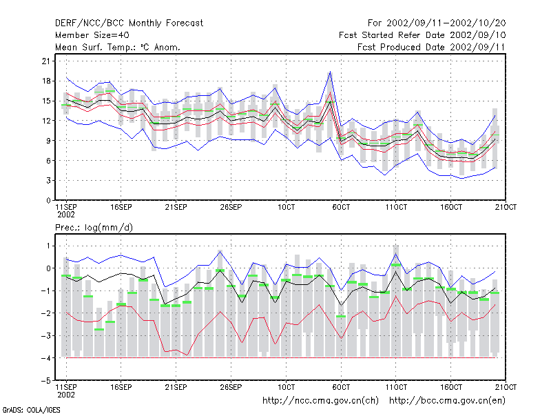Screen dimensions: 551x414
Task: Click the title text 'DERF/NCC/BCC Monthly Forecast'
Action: [x=129, y=23]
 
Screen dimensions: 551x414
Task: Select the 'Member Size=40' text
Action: [x=92, y=35]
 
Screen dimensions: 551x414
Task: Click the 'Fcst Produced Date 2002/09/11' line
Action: [x=431, y=47]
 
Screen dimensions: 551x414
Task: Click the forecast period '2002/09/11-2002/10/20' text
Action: [x=446, y=23]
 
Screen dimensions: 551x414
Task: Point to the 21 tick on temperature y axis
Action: [x=46, y=61]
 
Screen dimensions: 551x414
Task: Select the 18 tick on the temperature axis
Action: [x=46, y=81]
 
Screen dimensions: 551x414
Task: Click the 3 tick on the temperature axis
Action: [x=48, y=181]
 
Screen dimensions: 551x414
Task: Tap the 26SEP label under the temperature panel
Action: [x=231, y=207]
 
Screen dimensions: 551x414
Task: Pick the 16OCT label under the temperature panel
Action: [x=451, y=207]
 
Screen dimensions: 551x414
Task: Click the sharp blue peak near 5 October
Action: [x=330, y=72]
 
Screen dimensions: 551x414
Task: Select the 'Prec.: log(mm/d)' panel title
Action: [x=94, y=228]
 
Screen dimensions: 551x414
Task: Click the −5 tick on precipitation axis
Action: [x=45, y=381]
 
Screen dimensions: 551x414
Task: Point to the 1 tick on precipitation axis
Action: [x=48, y=246]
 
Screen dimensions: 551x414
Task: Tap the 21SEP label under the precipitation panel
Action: [x=176, y=387]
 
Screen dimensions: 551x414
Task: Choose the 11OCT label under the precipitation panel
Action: [x=396, y=387]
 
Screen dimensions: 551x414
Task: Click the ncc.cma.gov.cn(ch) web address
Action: [x=320, y=401]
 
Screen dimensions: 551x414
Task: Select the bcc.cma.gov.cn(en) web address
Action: [x=447, y=401]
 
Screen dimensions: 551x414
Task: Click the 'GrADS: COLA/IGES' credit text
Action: [x=31, y=410]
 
